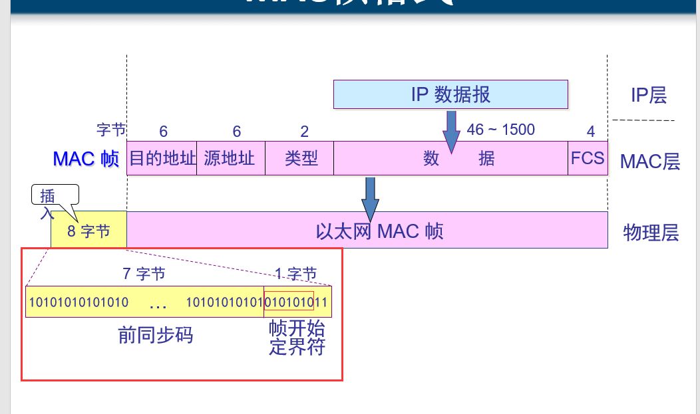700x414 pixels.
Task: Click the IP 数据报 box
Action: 450,94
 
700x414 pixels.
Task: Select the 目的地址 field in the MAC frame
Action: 162,158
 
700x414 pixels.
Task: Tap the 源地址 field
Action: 230,158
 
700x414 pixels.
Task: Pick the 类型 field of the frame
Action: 299,158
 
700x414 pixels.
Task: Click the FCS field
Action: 588,158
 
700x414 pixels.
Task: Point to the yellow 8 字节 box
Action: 88,231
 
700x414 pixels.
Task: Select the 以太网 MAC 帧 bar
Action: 379,231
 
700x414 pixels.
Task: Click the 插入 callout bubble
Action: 55,196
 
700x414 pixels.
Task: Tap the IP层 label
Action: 648,96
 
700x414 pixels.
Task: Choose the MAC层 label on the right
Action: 649,161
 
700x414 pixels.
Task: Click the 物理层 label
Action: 651,233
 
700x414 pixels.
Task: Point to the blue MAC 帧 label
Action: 86,159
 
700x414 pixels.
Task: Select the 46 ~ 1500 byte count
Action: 500,129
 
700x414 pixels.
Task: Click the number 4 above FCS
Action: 591,131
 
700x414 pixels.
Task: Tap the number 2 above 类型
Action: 305,132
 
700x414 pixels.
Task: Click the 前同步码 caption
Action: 156,335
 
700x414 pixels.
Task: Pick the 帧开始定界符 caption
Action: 297,338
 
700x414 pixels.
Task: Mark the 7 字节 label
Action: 144,273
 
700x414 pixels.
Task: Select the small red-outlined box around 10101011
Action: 289,301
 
